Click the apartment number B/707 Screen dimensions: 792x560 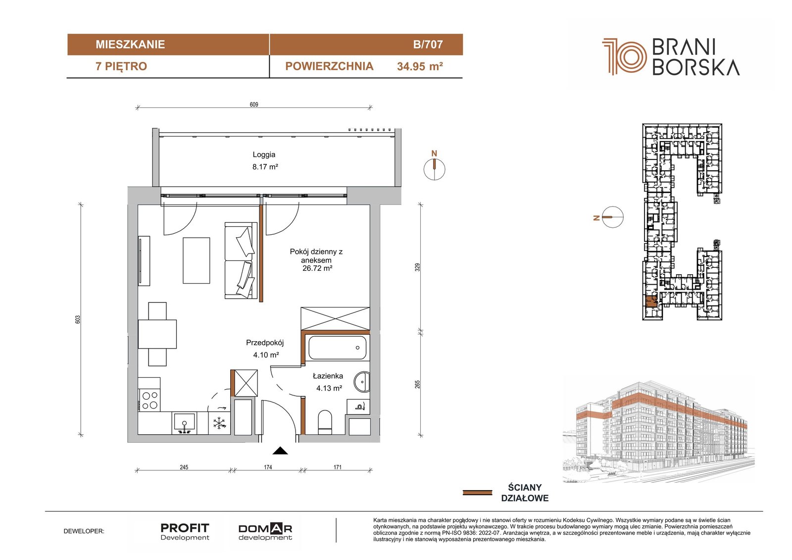click(428, 44)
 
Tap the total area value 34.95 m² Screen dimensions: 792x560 click(420, 66)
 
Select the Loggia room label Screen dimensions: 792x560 click(264, 154)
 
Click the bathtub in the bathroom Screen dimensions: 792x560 click(337, 348)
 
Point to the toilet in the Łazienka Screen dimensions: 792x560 click(325, 422)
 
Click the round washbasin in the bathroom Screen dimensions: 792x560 click(362, 382)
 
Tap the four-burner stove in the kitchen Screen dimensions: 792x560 click(149, 400)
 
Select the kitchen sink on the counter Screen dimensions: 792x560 click(184, 423)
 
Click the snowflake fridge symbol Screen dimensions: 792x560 click(219, 423)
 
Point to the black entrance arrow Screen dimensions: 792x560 click(280, 451)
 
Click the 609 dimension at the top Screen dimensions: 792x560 click(254, 104)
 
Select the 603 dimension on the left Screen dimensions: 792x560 click(78, 319)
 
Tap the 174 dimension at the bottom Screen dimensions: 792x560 click(268, 467)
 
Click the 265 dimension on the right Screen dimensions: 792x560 click(417, 384)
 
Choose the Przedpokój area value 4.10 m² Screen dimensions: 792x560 click(266, 355)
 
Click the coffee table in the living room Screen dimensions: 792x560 click(196, 260)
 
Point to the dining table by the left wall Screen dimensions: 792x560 click(157, 334)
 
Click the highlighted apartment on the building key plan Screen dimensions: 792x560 click(651, 301)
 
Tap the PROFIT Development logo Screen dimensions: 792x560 click(185, 532)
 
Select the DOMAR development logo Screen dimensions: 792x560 click(265, 532)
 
